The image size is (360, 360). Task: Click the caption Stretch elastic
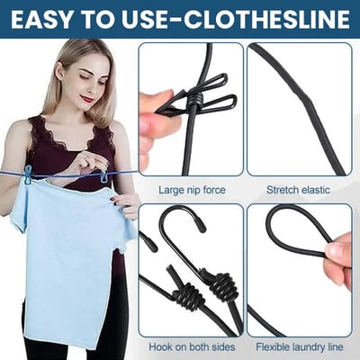297,189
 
